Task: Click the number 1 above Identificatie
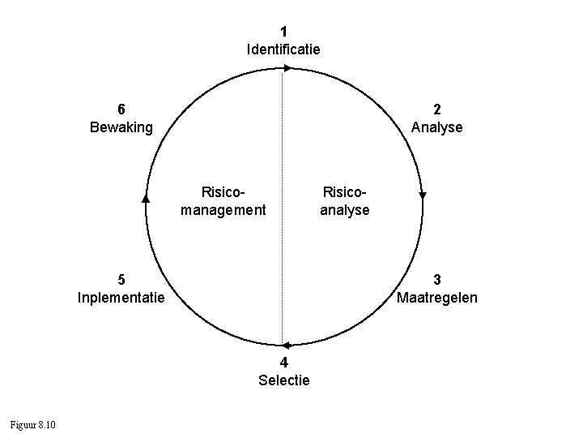[x=283, y=32]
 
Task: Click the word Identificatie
[x=283, y=49]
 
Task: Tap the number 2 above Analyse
[x=437, y=109]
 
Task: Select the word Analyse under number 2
[x=437, y=127]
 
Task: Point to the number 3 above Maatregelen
[x=437, y=280]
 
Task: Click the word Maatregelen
[x=437, y=298]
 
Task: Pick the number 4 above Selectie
[x=283, y=362]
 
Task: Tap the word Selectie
[x=283, y=380]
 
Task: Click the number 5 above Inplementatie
[x=121, y=280]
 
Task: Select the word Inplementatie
[x=121, y=298]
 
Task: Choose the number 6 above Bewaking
[x=121, y=109]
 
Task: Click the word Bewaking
[x=121, y=127]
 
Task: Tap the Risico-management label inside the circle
[x=223, y=201]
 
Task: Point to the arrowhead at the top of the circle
[x=287, y=68]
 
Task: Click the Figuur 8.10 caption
[x=32, y=425]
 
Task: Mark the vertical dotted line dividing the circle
[x=283, y=243]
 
